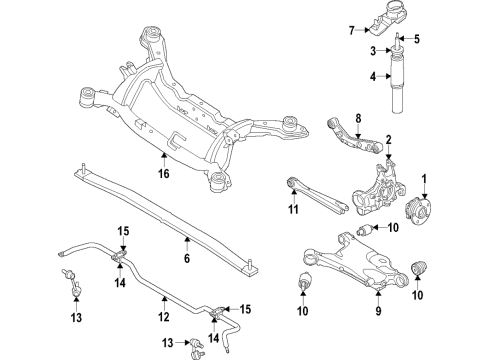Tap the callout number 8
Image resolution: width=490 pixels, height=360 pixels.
coord(358,118)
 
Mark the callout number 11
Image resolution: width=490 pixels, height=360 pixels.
coord(294,208)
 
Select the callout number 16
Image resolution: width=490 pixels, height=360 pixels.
coord(163,173)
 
